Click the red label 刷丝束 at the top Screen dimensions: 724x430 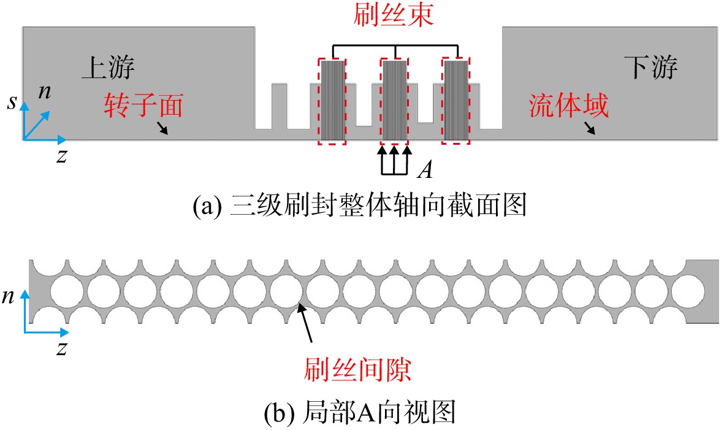click(394, 14)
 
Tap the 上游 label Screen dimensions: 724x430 click(108, 67)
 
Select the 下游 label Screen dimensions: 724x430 click(651, 67)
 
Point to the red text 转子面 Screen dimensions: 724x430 click(143, 106)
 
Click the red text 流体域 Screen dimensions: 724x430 click(568, 106)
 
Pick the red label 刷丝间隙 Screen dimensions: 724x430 click(357, 370)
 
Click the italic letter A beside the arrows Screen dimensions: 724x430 click(425, 169)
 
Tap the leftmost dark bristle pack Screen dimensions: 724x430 click(332, 100)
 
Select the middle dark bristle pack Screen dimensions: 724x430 click(394, 100)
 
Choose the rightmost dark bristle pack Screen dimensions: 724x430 click(456, 100)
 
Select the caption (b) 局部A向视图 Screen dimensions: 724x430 click(360, 412)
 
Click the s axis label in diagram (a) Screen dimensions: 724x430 click(12, 102)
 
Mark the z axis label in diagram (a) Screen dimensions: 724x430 click(61, 156)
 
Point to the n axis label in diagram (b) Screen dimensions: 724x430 click(8, 296)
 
